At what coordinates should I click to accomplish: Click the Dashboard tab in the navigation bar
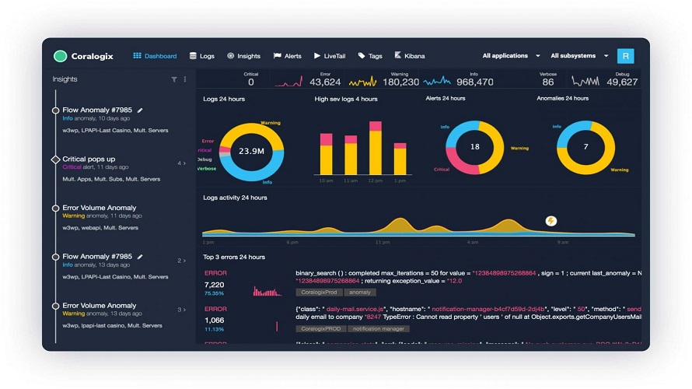pyautogui.click(x=156, y=56)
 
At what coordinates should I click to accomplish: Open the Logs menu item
pyautogui.click(x=202, y=56)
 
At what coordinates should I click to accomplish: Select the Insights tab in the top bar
pyautogui.click(x=244, y=56)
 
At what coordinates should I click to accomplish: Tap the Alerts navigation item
pyautogui.click(x=288, y=56)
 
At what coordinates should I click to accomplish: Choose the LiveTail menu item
pyautogui.click(x=330, y=56)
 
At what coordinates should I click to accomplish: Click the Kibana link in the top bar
pyautogui.click(x=410, y=56)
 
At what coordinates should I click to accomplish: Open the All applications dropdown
pyautogui.click(x=511, y=56)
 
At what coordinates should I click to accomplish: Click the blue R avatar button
pyautogui.click(x=625, y=56)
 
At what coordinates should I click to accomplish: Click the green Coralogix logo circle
pyautogui.click(x=60, y=56)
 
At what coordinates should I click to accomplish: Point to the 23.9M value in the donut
pyautogui.click(x=251, y=151)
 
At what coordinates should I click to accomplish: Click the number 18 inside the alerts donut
pyautogui.click(x=475, y=146)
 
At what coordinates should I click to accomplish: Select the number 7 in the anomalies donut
pyautogui.click(x=585, y=146)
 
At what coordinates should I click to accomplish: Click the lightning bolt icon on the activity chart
pyautogui.click(x=551, y=221)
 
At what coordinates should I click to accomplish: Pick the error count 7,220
pyautogui.click(x=214, y=285)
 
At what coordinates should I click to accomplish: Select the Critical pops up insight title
pyautogui.click(x=89, y=159)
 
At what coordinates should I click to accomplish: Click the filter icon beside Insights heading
pyautogui.click(x=174, y=79)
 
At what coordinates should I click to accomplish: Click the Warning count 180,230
pyautogui.click(x=401, y=82)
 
